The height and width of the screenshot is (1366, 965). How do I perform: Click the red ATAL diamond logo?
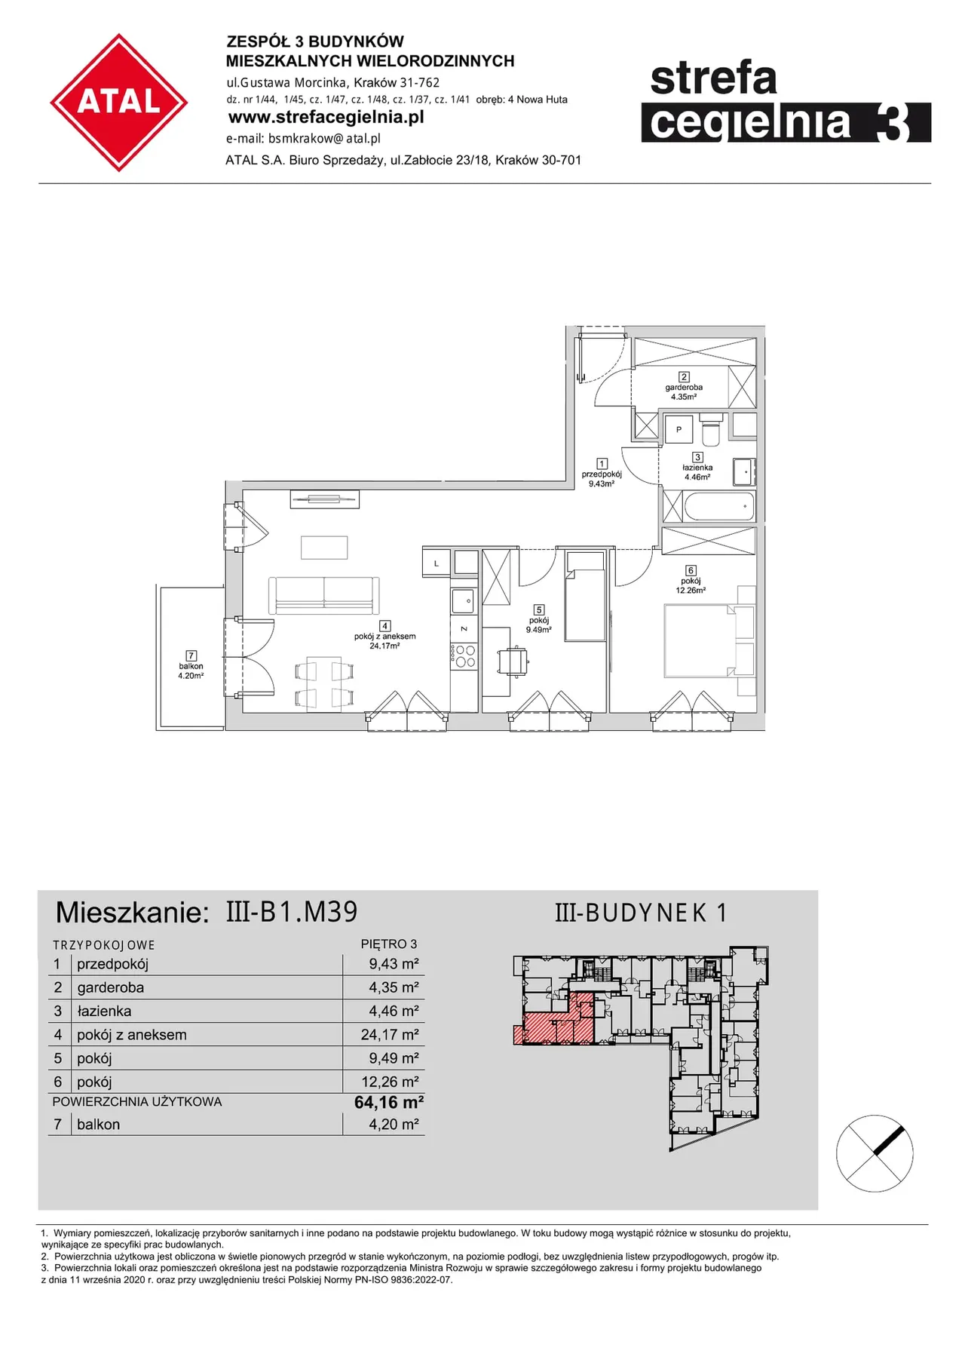point(119,102)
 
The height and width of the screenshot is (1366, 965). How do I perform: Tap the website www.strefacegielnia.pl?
point(326,118)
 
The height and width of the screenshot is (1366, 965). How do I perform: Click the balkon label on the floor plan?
point(191,666)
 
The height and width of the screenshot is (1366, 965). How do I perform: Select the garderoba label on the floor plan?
point(684,387)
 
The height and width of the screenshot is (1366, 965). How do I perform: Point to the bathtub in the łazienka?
point(719,506)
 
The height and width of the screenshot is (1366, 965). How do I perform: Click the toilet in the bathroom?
point(711,431)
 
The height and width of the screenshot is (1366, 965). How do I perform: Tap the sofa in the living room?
point(324,595)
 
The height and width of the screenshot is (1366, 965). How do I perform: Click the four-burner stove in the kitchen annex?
point(464,656)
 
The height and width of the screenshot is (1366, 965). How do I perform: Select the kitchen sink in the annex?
point(463,601)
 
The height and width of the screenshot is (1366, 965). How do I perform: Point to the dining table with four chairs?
point(324,684)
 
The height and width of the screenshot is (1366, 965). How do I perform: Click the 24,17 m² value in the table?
point(390,1034)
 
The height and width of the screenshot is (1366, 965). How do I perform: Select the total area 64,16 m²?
point(389,1102)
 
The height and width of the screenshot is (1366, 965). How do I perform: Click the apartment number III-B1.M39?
point(292,912)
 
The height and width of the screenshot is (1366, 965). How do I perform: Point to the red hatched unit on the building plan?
point(554,1022)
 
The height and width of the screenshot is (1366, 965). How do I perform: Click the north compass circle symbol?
point(875,1153)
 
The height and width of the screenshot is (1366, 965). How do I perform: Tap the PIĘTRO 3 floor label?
point(389,944)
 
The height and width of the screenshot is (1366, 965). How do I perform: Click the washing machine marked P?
point(679,429)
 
